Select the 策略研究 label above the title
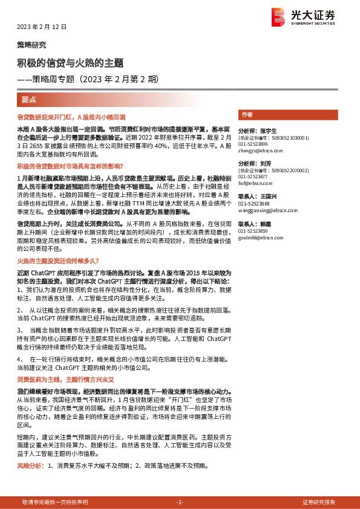point(30,45)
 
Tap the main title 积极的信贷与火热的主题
point(70,63)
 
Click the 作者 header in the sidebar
point(247,114)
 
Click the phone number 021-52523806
point(254,144)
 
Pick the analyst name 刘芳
point(267,163)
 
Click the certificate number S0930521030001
point(288,138)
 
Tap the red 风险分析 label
point(30,466)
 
